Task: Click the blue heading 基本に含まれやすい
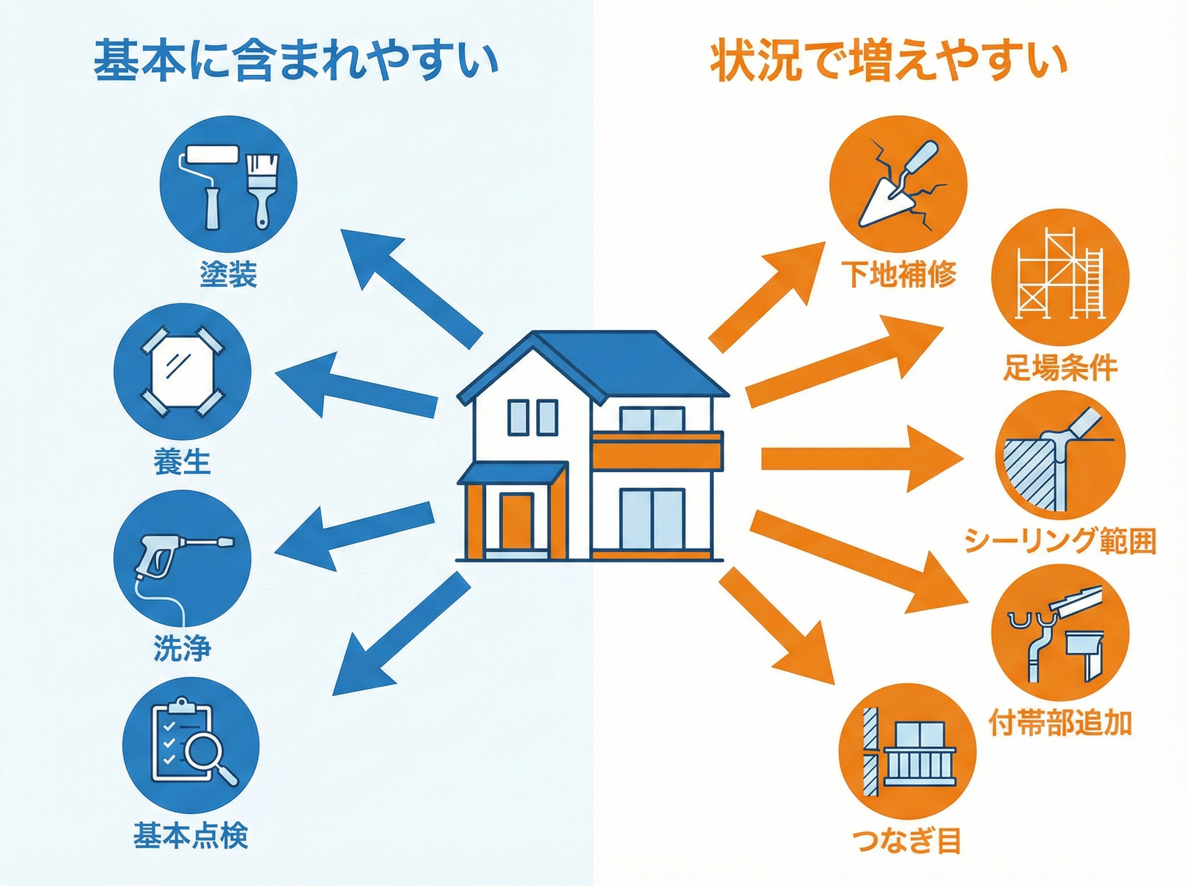(296, 63)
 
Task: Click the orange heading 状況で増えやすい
(888, 63)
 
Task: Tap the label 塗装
(228, 274)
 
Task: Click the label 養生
(183, 462)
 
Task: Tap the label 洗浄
(183, 648)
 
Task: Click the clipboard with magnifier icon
(191, 746)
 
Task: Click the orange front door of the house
(516, 521)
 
